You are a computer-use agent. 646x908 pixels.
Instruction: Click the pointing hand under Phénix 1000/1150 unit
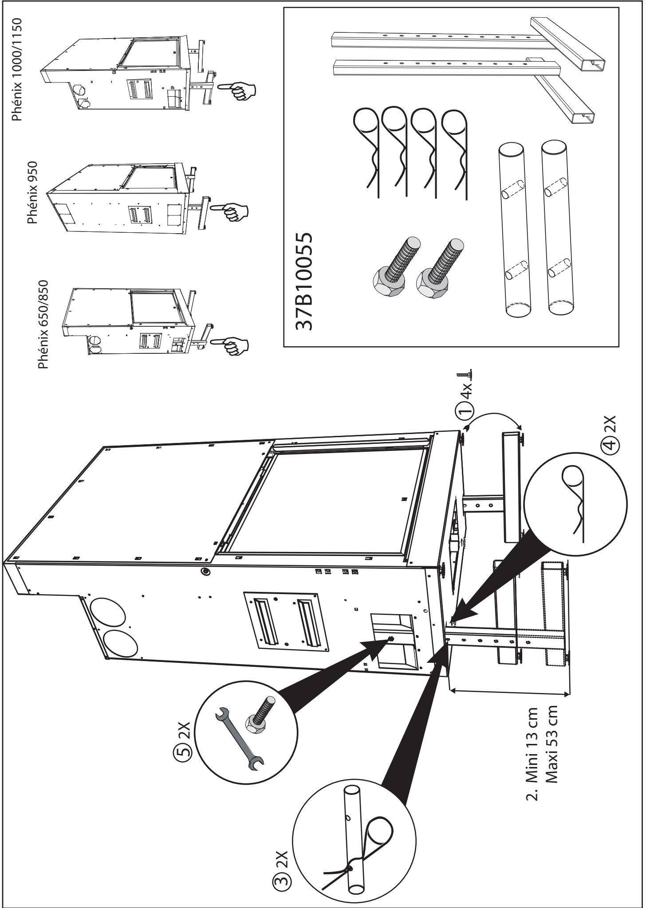pos(238,88)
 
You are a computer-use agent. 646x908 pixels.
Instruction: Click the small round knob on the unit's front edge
pos(205,571)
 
